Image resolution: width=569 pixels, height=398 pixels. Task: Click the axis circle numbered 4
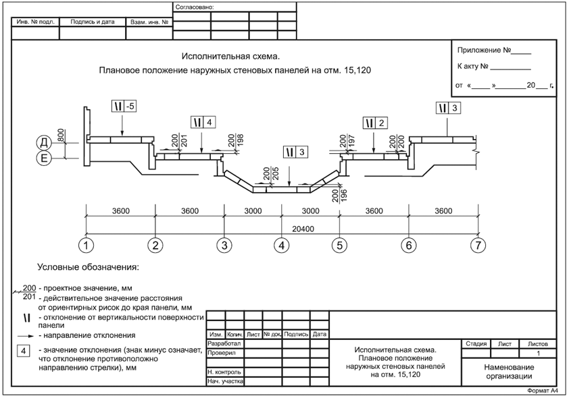tap(281, 245)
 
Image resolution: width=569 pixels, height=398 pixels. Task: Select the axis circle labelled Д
tap(43, 142)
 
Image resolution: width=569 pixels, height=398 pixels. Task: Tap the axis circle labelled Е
tap(43, 159)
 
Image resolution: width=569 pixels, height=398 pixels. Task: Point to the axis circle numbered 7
tap(478, 245)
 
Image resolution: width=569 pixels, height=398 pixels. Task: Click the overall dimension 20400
tap(303, 229)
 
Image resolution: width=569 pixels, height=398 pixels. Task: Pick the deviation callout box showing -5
tap(124, 106)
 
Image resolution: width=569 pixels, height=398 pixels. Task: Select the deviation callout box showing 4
tap(203, 122)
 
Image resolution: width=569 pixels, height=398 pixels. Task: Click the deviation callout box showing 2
tap(375, 123)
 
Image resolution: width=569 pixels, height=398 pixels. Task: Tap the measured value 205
tap(275, 175)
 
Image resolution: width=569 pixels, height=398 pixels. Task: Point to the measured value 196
tap(344, 195)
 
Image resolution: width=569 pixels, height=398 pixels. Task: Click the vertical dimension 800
tap(61, 135)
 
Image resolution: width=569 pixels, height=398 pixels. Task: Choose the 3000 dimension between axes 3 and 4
tap(253, 210)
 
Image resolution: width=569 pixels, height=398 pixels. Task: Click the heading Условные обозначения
tap(88, 267)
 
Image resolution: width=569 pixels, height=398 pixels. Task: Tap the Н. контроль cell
tap(225, 372)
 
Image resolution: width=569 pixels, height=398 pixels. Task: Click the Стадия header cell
tap(476, 343)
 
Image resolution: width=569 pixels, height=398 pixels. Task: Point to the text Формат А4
tap(542, 391)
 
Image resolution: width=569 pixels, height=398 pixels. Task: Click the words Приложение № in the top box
tap(484, 51)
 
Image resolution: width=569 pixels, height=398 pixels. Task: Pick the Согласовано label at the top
tap(195, 7)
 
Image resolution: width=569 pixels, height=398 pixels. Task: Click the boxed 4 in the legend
tap(24, 351)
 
